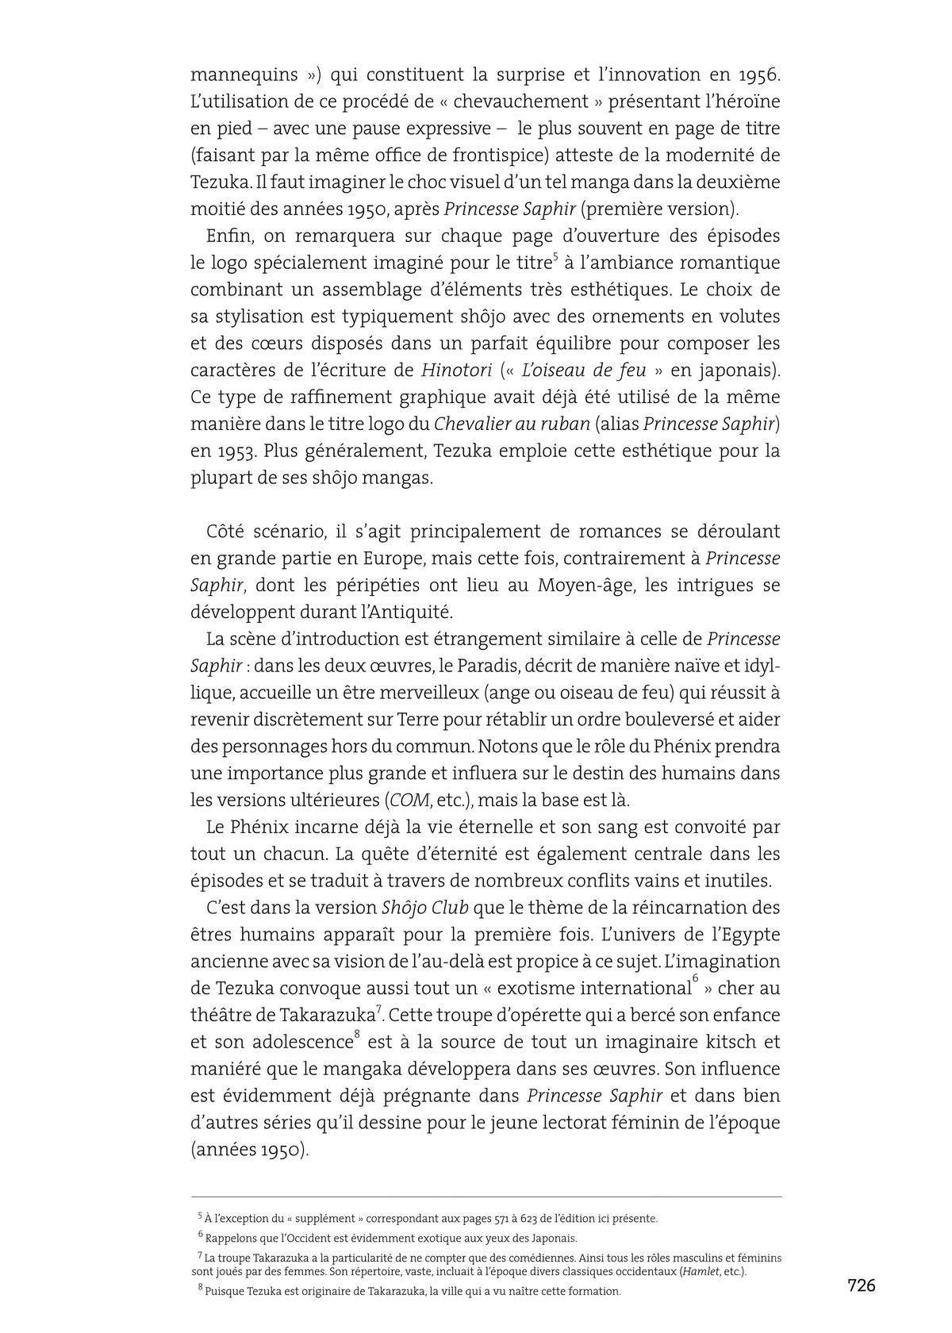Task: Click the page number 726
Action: (x=861, y=1285)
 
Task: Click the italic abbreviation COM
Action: (x=409, y=800)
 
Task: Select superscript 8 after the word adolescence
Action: (x=357, y=1035)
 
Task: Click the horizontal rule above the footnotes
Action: (x=486, y=1197)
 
